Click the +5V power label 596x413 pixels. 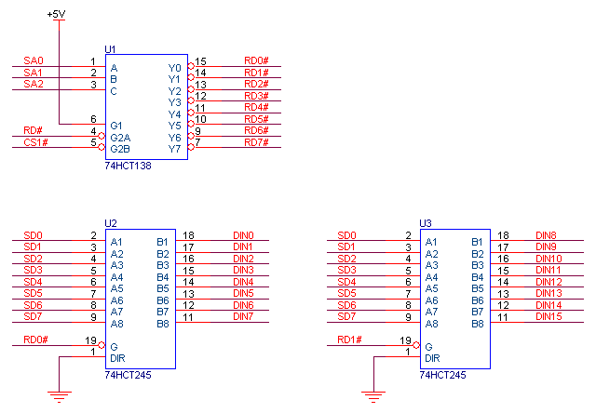58,15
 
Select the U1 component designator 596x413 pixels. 111,48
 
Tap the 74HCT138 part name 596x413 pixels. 129,165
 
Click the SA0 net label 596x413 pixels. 34,60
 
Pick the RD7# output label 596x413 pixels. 256,142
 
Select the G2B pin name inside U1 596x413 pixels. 120,149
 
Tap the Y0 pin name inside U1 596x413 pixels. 174,68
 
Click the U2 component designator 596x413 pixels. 111,223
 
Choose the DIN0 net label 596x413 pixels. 243,235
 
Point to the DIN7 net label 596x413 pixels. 243,317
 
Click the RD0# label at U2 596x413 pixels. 35,340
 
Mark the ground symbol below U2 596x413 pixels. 59,398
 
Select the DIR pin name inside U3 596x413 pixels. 432,358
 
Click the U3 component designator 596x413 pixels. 426,223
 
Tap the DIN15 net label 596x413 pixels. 549,317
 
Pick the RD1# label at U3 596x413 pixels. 350,340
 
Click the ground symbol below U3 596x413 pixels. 373,398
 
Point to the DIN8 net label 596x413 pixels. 547,235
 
